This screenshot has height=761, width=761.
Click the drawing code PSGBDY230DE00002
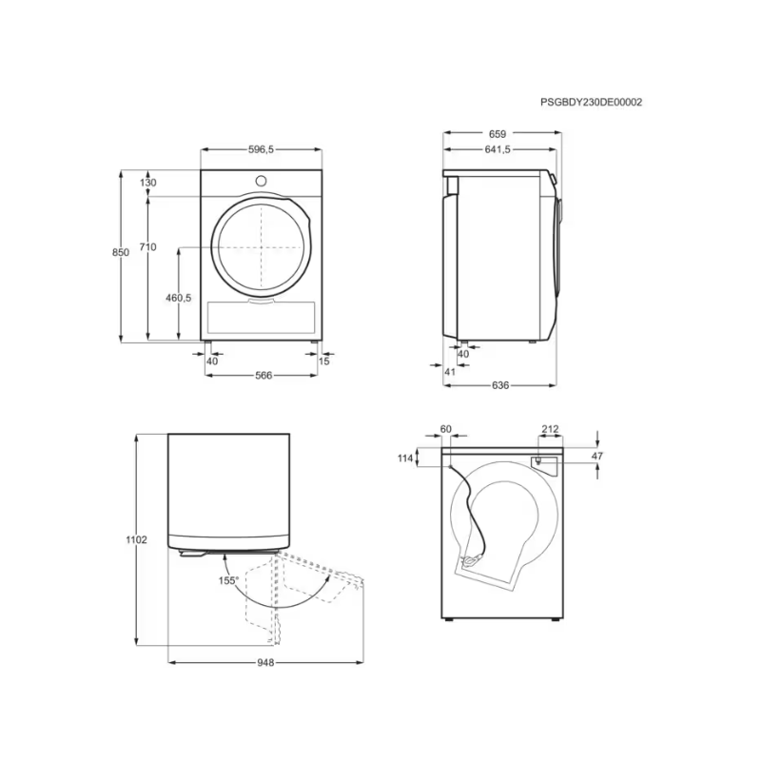coord(591,102)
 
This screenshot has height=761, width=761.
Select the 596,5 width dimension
coord(261,149)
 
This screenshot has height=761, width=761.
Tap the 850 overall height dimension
coord(121,252)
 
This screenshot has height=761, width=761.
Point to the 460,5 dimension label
coord(179,298)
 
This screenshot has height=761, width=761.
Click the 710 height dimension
coord(147,247)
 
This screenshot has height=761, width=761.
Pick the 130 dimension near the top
coord(147,183)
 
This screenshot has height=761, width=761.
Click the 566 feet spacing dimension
coord(263,375)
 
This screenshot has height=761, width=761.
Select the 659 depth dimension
coord(498,134)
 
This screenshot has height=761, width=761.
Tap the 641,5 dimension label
coord(498,149)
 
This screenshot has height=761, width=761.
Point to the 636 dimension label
coord(500,385)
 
